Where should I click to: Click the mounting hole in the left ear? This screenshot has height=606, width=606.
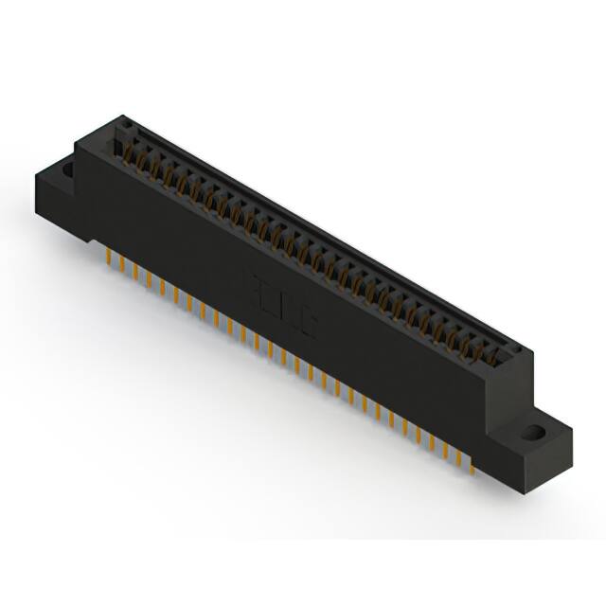pyautogui.click(x=69, y=170)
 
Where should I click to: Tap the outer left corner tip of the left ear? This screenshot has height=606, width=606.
pyautogui.click(x=35, y=177)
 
